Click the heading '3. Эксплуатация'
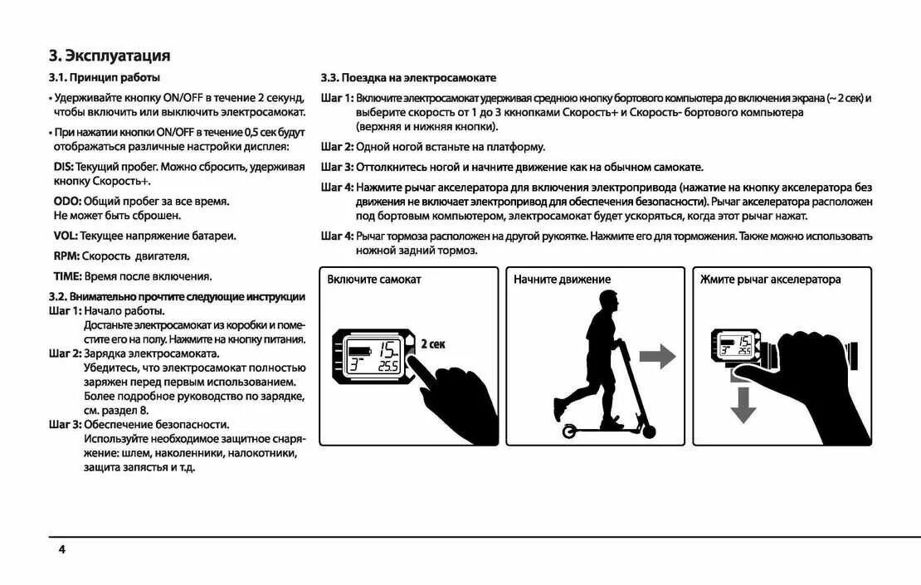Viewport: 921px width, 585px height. pyautogui.click(x=110, y=56)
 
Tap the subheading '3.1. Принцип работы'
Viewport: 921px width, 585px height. pyautogui.click(x=104, y=78)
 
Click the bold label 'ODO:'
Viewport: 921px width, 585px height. pyautogui.click(x=68, y=201)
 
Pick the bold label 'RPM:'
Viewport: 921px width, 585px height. pyautogui.click(x=67, y=256)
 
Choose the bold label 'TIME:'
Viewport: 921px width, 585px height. pyautogui.click(x=68, y=276)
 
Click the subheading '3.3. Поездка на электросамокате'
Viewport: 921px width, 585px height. pyautogui.click(x=408, y=78)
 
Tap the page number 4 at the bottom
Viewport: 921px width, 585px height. pyautogui.click(x=61, y=549)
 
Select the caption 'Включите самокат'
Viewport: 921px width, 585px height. pyautogui.click(x=373, y=280)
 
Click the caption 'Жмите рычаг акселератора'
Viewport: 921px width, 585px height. pyautogui.click(x=770, y=280)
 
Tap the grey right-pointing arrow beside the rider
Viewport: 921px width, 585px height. pyautogui.click(x=657, y=358)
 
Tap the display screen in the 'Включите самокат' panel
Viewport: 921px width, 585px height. pyautogui.click(x=374, y=356)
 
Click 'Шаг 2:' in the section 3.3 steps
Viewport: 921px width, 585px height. pyautogui.click(x=337, y=147)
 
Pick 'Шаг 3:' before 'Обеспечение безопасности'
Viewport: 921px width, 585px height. pyautogui.click(x=65, y=425)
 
